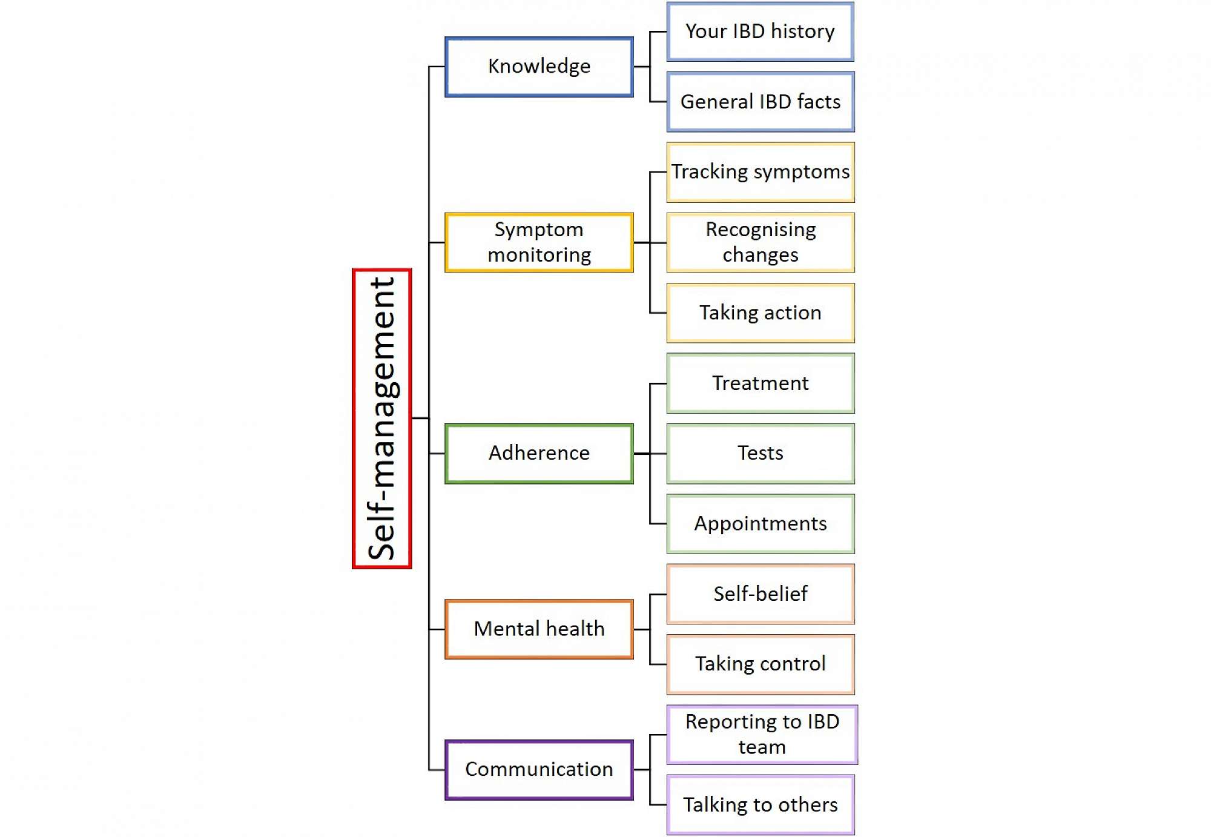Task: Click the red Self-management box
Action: point(382,418)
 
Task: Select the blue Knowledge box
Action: point(539,67)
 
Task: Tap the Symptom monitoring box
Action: point(539,242)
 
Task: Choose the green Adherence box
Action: point(539,454)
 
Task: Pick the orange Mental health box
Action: point(539,629)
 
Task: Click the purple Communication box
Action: point(539,770)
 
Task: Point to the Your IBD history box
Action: point(761,31)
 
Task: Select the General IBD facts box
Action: point(761,102)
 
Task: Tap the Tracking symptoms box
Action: point(761,172)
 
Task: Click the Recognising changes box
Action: point(761,242)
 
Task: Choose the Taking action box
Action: point(761,313)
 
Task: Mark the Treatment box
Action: point(761,383)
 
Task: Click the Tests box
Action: point(761,454)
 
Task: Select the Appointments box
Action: point(761,524)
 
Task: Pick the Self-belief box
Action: point(761,594)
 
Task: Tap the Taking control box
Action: point(761,664)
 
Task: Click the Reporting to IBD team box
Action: point(762,735)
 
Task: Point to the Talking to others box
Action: point(761,805)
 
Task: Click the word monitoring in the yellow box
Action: point(539,256)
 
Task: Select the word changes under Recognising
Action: point(761,256)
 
